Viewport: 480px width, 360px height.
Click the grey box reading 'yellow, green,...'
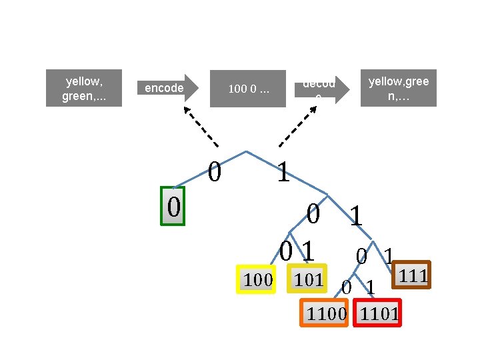(x=83, y=88)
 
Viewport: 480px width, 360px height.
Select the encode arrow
(x=167, y=88)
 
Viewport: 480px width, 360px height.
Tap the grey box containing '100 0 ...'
(x=248, y=88)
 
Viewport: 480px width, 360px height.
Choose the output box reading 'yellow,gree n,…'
(x=399, y=88)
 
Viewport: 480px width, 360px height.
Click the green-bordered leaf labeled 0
(x=173, y=207)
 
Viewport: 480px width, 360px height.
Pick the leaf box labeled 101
(x=307, y=279)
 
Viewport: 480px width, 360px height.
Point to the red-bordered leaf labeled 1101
(x=379, y=313)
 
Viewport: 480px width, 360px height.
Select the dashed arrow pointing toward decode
(x=297, y=127)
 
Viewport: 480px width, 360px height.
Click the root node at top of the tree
(x=247, y=151)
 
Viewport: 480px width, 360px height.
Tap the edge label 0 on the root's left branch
(x=215, y=172)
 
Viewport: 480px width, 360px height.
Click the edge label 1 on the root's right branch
(x=283, y=173)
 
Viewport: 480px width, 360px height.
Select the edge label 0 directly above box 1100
(x=346, y=288)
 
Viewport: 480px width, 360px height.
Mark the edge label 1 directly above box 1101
(x=371, y=288)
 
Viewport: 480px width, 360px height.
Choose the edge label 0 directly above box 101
(x=286, y=252)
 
